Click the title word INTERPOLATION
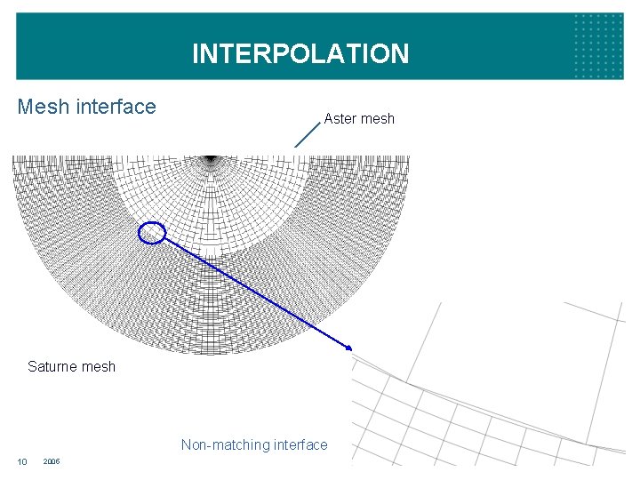(300, 54)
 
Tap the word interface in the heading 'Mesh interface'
(116, 108)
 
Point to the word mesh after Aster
(377, 118)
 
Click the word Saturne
(53, 366)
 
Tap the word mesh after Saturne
(99, 366)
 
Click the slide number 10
(23, 461)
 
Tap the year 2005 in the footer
(52, 461)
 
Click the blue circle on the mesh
(153, 232)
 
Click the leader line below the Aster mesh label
(307, 134)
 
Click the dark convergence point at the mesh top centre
(211, 160)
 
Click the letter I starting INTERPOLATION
(196, 54)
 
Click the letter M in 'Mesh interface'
(26, 108)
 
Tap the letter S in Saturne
(32, 366)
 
